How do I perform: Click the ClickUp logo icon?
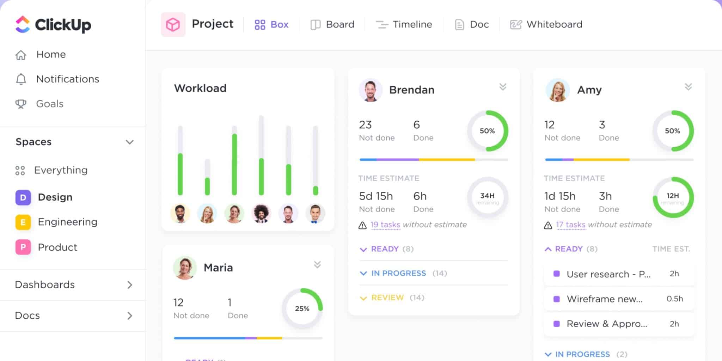23,24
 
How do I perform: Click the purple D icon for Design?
23,197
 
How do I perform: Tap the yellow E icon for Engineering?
23,222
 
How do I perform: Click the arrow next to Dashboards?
130,285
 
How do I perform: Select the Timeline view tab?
404,24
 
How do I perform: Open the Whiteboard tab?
546,24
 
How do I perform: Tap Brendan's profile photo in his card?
370,90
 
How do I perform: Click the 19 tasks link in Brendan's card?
385,225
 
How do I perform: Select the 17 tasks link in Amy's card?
570,225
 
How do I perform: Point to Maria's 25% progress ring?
302,308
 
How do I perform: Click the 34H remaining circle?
487,198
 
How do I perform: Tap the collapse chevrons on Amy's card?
688,87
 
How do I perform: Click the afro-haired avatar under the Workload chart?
261,213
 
